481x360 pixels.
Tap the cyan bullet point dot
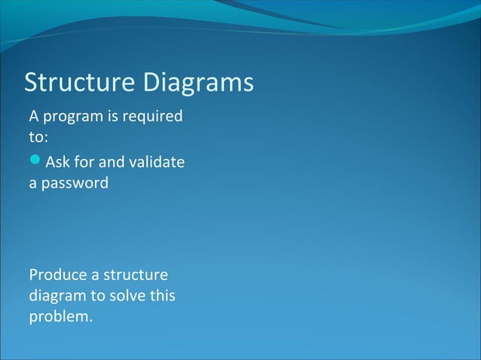(35, 160)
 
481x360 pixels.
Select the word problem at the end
(60, 317)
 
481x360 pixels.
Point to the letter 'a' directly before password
(33, 184)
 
